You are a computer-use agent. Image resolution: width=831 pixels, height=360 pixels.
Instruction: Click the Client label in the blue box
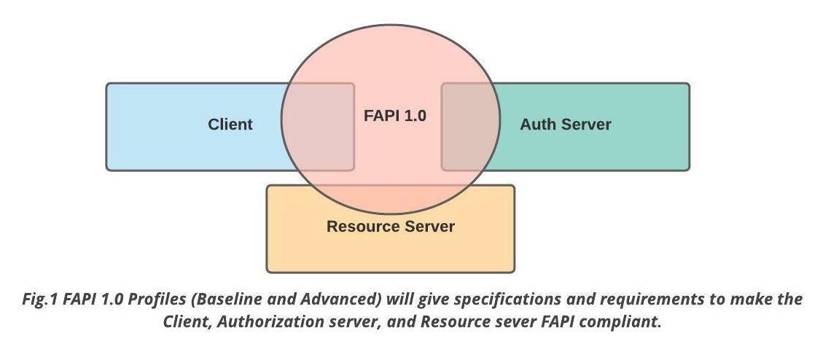point(230,125)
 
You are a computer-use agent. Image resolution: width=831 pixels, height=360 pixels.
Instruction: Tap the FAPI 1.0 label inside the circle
point(394,115)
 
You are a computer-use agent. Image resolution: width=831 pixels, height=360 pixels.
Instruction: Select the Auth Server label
point(565,125)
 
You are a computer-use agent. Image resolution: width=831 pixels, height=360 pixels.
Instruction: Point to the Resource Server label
point(390,226)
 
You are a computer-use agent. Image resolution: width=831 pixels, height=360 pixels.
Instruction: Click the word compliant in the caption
point(626,321)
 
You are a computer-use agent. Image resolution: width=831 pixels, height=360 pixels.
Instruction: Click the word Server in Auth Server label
point(585,125)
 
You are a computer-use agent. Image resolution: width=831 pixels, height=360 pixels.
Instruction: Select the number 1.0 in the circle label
point(413,115)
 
